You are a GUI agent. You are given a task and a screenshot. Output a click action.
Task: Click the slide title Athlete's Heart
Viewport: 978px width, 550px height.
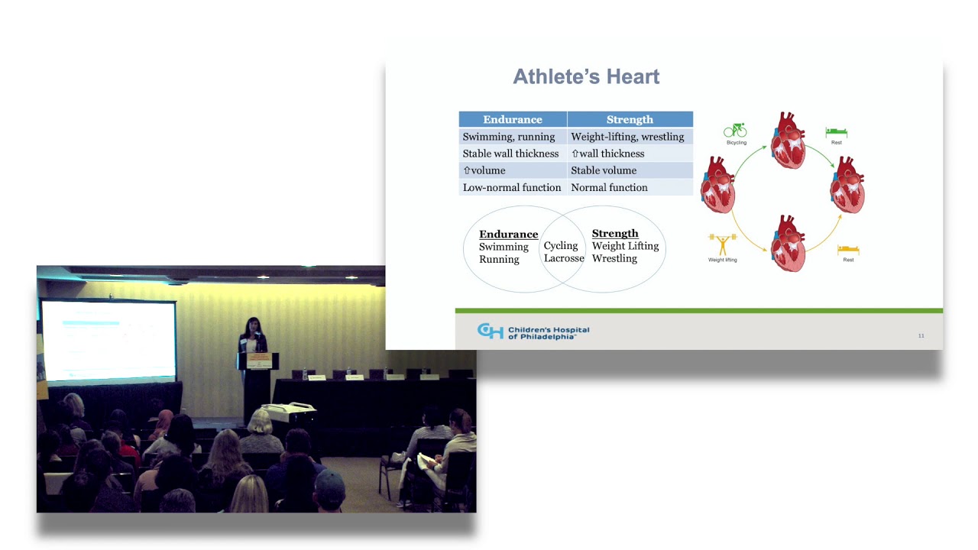point(586,77)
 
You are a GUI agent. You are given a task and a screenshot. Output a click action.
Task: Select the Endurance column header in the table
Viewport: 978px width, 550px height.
point(512,119)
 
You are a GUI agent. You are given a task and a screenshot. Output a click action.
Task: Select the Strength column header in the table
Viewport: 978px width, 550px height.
point(630,119)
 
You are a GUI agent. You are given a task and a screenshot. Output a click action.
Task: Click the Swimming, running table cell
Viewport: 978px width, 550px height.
point(509,137)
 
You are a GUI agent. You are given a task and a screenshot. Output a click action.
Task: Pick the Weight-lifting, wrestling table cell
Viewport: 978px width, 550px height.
point(627,137)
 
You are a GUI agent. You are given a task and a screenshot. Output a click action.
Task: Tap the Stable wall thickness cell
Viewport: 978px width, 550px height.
point(510,154)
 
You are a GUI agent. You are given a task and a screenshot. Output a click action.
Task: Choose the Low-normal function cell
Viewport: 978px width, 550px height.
point(512,187)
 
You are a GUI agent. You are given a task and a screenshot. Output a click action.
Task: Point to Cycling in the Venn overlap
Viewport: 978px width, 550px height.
point(561,246)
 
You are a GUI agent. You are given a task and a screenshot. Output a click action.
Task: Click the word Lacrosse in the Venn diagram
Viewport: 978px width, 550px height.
point(564,258)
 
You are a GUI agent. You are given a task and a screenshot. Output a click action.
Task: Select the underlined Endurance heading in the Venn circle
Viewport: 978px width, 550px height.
point(508,235)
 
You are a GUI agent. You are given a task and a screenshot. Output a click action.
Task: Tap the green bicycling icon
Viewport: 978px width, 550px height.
point(735,131)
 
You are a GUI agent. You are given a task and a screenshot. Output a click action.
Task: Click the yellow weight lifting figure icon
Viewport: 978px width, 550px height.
point(722,244)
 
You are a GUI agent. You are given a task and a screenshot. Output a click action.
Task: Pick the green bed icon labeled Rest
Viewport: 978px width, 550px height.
point(837,133)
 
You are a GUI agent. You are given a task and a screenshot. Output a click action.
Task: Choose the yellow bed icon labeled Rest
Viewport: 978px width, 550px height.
point(848,249)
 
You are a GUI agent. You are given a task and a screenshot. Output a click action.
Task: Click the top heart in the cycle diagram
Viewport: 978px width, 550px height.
point(788,141)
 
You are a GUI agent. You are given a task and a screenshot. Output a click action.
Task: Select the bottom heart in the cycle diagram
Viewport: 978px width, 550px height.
point(788,244)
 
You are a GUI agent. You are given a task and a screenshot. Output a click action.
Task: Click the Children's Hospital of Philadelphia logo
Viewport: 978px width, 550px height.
point(533,332)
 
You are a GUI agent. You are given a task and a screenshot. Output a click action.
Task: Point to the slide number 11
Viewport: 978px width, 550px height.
point(921,335)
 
